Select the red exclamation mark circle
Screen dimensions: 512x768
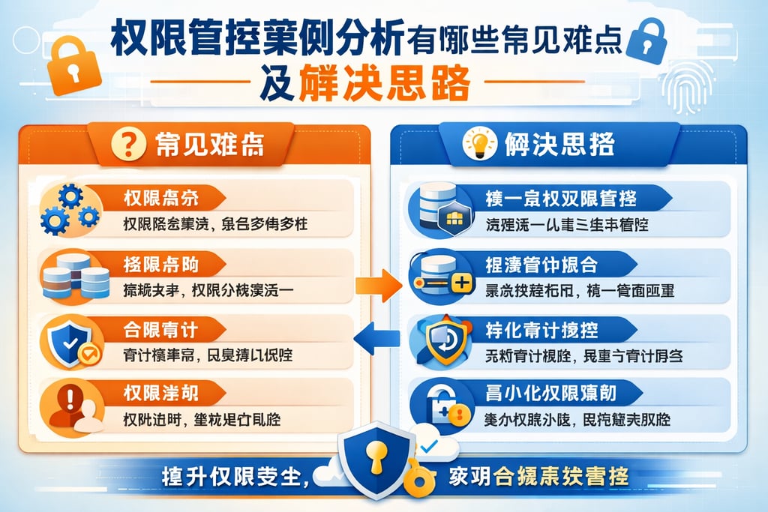[71, 397]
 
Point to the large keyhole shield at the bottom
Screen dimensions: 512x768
[376, 458]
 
